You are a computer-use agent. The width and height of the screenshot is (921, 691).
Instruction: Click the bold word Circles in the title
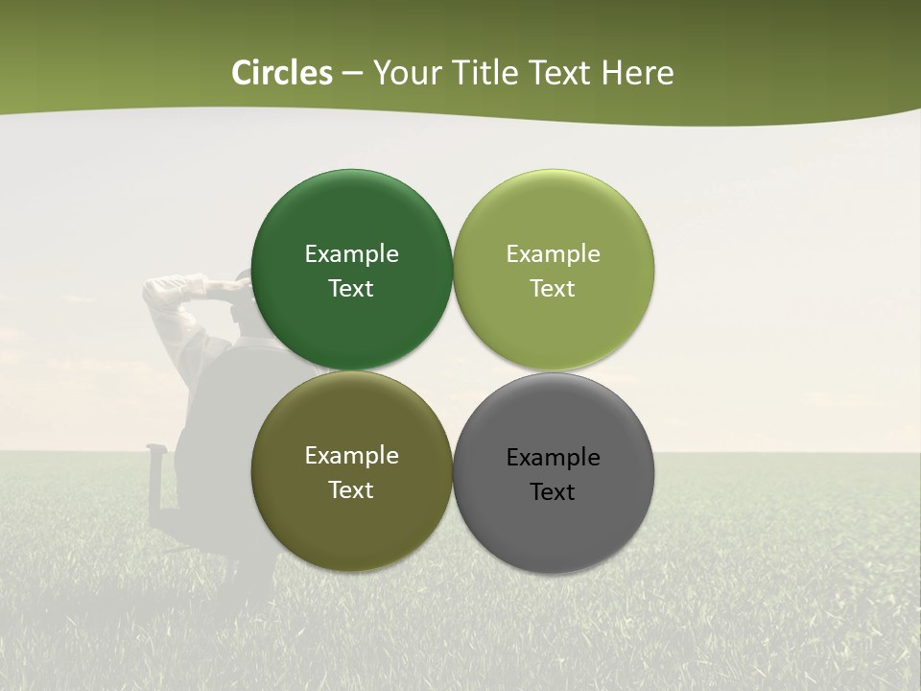point(281,73)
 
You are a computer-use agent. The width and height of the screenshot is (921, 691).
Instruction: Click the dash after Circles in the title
point(352,74)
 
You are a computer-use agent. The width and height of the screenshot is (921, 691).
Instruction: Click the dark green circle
point(351,211)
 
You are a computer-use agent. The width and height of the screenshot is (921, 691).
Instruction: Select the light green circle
point(554,211)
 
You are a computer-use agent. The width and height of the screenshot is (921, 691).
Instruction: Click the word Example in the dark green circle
point(351,254)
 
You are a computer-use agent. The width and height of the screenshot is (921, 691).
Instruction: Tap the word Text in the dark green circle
point(351,289)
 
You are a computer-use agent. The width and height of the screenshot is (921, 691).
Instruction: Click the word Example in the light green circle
point(554,254)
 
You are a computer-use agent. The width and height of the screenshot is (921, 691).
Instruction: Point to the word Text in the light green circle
point(554,289)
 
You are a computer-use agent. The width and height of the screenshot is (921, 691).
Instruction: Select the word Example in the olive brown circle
point(351,456)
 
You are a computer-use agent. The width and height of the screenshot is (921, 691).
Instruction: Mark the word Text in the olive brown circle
point(351,490)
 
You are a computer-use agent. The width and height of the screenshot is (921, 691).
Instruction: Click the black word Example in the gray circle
point(554,458)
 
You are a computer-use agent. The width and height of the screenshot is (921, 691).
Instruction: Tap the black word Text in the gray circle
point(554,492)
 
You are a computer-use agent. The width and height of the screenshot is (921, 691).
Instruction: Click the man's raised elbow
point(158,292)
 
